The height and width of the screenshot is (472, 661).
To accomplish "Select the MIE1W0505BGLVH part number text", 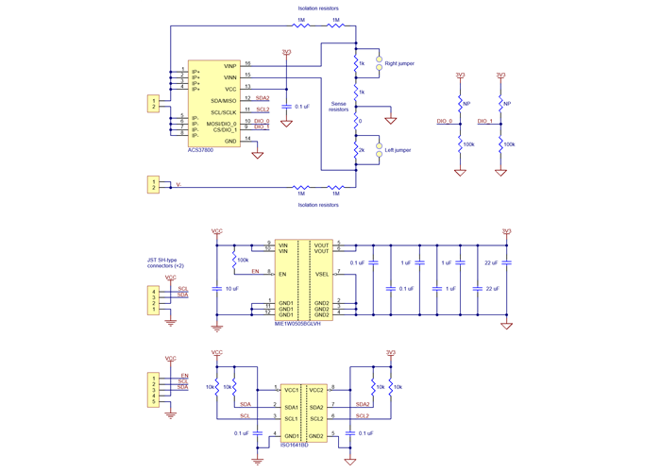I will (x=298, y=323).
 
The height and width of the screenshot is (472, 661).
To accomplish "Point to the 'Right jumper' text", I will (x=398, y=63).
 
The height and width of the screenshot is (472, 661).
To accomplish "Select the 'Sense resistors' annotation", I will (x=338, y=107).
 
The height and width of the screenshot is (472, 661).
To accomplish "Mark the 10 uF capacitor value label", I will (x=231, y=288).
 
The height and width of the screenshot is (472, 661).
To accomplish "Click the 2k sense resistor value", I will (x=360, y=150).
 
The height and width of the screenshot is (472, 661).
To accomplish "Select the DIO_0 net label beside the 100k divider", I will (x=446, y=122).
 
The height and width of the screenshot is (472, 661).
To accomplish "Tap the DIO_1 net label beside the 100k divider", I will (x=485, y=122).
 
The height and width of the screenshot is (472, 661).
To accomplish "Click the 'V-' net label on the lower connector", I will (x=178, y=186).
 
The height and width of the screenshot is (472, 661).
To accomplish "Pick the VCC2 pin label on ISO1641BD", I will (x=316, y=389).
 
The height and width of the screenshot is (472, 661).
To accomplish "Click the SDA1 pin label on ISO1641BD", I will (x=291, y=407).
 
